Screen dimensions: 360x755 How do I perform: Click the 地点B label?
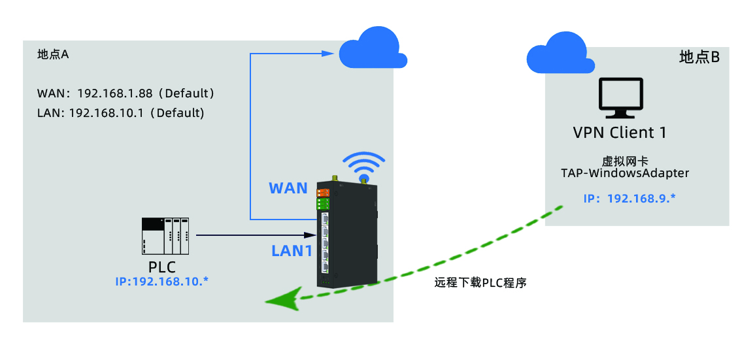[699, 57]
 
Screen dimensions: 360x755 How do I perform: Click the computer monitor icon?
[620, 99]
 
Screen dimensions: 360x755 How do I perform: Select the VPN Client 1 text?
[620, 133]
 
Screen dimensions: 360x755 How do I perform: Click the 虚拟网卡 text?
[620, 161]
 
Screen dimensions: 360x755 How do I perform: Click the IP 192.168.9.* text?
[628, 198]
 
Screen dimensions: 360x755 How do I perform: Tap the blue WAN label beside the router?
[288, 188]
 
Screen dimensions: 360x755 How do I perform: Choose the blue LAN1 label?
[292, 250]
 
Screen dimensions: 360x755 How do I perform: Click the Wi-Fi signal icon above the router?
[364, 167]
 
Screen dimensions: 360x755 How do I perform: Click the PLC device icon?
[165, 236]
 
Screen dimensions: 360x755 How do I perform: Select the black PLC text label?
[162, 267]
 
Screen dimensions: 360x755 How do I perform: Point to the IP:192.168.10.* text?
[161, 281]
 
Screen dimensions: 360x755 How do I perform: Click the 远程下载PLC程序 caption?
[480, 283]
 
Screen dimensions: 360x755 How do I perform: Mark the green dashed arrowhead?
[280, 301]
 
